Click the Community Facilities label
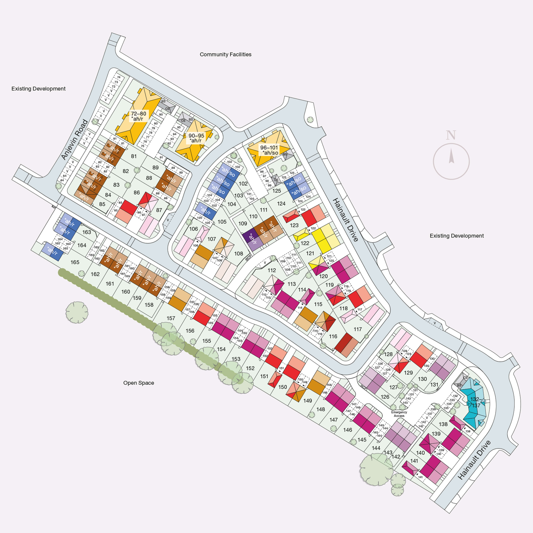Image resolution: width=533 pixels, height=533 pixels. tap(225, 54)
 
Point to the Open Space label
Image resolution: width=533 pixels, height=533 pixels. tap(138, 383)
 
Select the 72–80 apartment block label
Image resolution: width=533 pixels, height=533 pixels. tap(138, 116)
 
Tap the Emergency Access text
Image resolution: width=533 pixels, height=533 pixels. tap(399, 414)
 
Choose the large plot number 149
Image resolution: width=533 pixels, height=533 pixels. tap(308, 401)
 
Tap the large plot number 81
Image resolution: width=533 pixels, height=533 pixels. tap(134, 156)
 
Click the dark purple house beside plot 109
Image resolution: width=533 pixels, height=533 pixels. tap(250, 235)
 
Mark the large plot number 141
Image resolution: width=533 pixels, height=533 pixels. tap(414, 461)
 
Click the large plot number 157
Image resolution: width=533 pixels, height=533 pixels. tap(171, 318)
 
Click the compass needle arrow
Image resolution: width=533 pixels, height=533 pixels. tap(451, 156)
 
